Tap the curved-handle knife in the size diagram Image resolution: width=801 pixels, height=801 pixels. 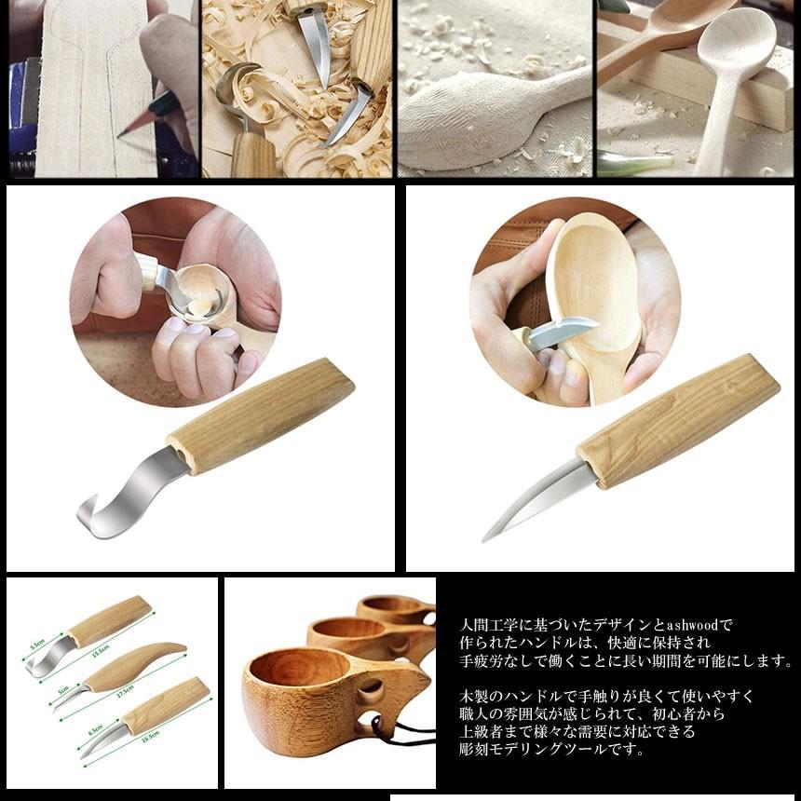130,665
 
